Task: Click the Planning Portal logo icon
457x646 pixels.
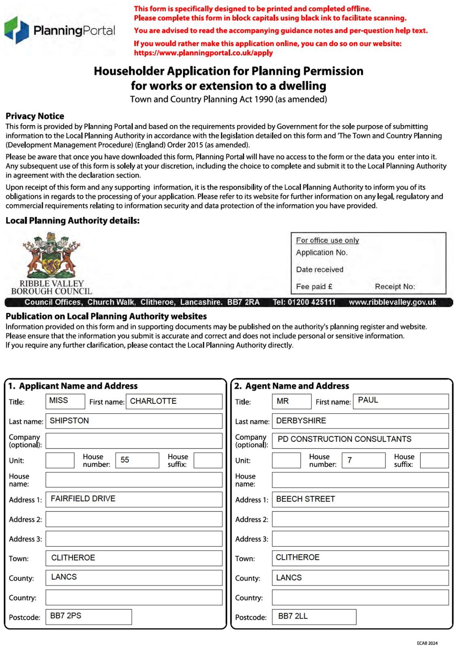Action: click(17, 30)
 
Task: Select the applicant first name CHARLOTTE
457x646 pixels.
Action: click(153, 401)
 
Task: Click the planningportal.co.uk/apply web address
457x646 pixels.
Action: click(203, 53)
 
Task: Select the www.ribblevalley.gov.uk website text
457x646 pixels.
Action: click(392, 302)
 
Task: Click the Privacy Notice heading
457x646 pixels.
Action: click(35, 116)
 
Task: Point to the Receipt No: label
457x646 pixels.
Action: click(395, 287)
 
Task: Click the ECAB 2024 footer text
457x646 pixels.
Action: click(427, 643)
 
